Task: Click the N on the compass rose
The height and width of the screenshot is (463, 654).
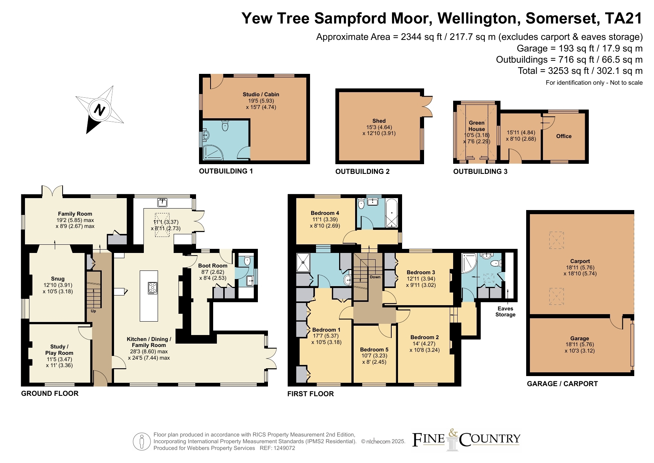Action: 99,110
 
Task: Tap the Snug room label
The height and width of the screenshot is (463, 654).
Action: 58,279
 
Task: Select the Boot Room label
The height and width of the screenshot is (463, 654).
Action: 212,266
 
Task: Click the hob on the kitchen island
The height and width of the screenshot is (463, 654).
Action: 153,288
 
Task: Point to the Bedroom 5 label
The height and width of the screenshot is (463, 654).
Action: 374,350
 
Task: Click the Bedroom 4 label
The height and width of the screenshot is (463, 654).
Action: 325,213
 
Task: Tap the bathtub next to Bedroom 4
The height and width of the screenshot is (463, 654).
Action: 392,213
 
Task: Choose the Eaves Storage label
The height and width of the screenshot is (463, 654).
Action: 505,312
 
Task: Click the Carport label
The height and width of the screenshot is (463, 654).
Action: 580,261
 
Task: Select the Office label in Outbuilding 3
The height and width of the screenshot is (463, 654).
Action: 564,136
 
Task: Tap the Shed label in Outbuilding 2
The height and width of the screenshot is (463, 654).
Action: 379,121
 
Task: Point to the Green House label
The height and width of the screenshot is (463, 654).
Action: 477,126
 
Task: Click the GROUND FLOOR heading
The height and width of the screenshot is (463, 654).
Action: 50,393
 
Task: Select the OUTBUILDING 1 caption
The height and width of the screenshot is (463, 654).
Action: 226,171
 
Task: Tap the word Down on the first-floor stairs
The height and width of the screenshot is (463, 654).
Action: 375,277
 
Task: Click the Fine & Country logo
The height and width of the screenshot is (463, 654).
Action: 466,439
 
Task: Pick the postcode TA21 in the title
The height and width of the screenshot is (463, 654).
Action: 624,18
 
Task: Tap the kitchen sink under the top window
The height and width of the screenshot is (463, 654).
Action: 162,203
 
